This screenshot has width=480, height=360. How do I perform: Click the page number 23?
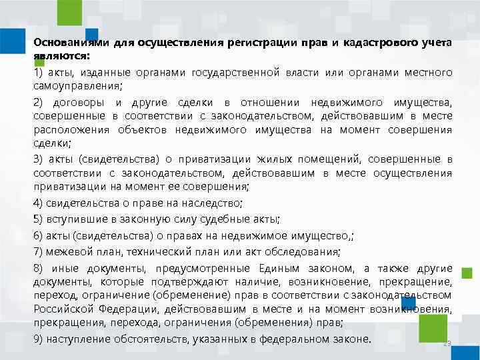[x=447, y=344]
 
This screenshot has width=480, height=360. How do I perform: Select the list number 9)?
[x=38, y=339]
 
